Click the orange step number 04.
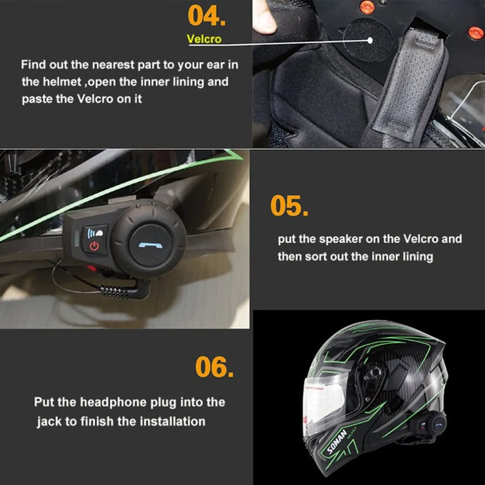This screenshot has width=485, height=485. point(207,16)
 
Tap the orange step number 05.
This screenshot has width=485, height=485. point(289,205)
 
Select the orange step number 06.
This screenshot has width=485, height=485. point(214,367)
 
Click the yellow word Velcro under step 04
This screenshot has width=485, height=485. point(204,39)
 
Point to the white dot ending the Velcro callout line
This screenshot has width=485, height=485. point(370,40)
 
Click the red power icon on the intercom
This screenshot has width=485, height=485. point(94,246)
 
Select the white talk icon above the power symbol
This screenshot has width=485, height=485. point(95,233)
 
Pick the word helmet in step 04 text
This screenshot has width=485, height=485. point(62,81)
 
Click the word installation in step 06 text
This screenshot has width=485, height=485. point(172,421)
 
